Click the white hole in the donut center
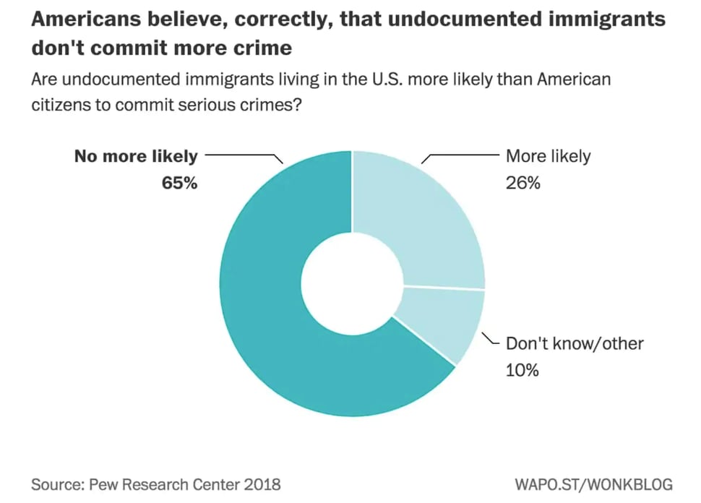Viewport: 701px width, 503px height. pyautogui.click(x=352, y=284)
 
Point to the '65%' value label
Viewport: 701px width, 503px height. pyautogui.click(x=179, y=183)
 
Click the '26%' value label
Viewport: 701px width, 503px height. pyautogui.click(x=522, y=183)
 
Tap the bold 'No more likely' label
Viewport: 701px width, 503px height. pyautogui.click(x=135, y=156)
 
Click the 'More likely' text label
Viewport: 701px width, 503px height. pyautogui.click(x=548, y=156)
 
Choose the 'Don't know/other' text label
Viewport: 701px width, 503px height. pyautogui.click(x=574, y=343)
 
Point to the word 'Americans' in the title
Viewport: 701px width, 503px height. pyautogui.click(x=87, y=20)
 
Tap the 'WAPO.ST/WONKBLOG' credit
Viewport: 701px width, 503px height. pyautogui.click(x=593, y=483)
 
